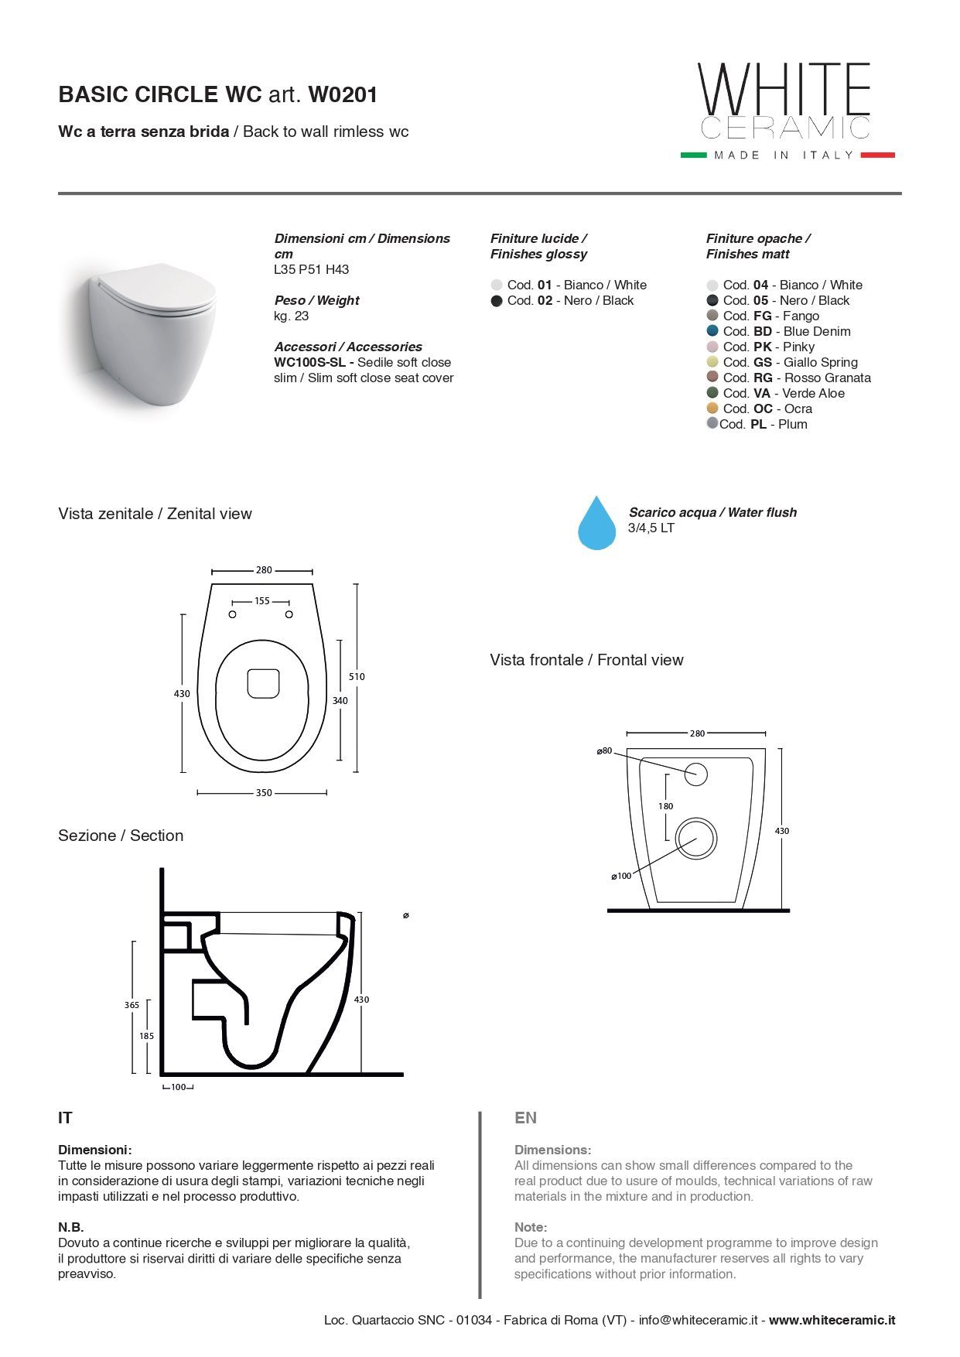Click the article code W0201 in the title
pyautogui.click(x=343, y=94)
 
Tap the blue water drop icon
pyautogui.click(x=596, y=525)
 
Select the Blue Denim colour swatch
pyautogui.click(x=712, y=331)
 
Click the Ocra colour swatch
pyautogui.click(x=712, y=408)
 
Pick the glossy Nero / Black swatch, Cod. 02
pyautogui.click(x=497, y=301)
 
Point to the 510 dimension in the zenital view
pyautogui.click(x=357, y=676)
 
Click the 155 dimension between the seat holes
pyautogui.click(x=261, y=601)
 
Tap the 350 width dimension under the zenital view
pyautogui.click(x=263, y=793)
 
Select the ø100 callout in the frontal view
pyautogui.click(x=622, y=876)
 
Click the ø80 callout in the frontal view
pyautogui.click(x=605, y=750)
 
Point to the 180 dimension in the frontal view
pyautogui.click(x=665, y=806)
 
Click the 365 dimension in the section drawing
pyautogui.click(x=132, y=1005)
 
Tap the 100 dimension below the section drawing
pyautogui.click(x=178, y=1087)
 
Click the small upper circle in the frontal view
pyautogui.click(x=695, y=774)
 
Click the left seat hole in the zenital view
pyautogui.click(x=232, y=614)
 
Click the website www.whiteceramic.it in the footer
pyautogui.click(x=832, y=1320)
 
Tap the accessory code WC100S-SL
pyautogui.click(x=313, y=362)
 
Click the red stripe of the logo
pyautogui.click(x=877, y=155)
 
